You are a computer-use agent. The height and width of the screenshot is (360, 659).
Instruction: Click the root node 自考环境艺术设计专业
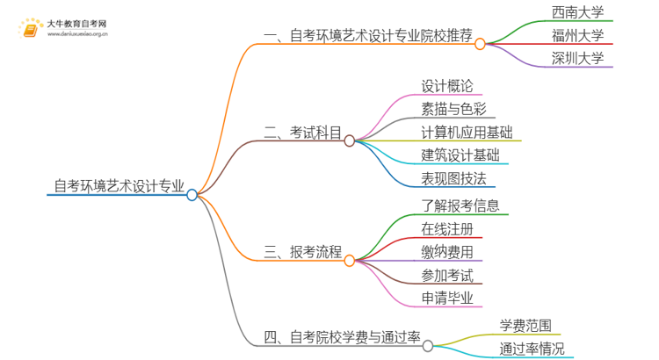point(119,185)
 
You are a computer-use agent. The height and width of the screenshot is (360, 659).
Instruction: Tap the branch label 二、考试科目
point(303,133)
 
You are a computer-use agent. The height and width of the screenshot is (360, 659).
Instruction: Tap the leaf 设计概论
point(446,86)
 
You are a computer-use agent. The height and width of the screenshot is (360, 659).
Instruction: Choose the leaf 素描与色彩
point(453,109)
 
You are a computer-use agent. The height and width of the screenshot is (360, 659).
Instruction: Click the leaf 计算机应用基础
point(467,133)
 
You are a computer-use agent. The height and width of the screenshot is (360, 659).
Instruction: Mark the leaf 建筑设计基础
point(460,155)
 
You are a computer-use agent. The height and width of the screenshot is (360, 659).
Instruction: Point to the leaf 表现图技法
point(453,179)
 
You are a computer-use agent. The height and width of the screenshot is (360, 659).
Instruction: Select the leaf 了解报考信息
point(460,205)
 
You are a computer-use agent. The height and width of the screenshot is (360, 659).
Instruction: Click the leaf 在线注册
point(446,228)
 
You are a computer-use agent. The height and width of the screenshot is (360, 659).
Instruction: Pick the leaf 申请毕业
point(446,298)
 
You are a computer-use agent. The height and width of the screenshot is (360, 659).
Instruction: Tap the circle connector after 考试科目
point(349,140)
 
